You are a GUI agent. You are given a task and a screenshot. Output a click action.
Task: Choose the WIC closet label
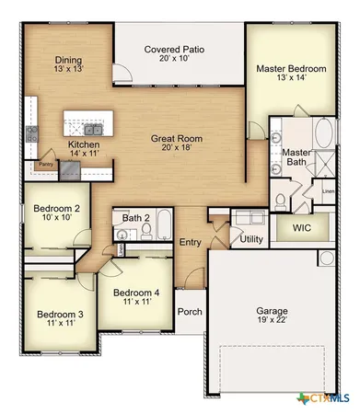(x=301, y=226)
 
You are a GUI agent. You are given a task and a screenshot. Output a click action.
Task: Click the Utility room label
(x=251, y=239)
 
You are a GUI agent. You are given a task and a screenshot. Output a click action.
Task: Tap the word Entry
(x=190, y=242)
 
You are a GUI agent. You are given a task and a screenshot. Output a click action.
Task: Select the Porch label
(x=190, y=312)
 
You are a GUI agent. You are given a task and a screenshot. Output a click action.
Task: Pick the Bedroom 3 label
(x=54, y=314)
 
